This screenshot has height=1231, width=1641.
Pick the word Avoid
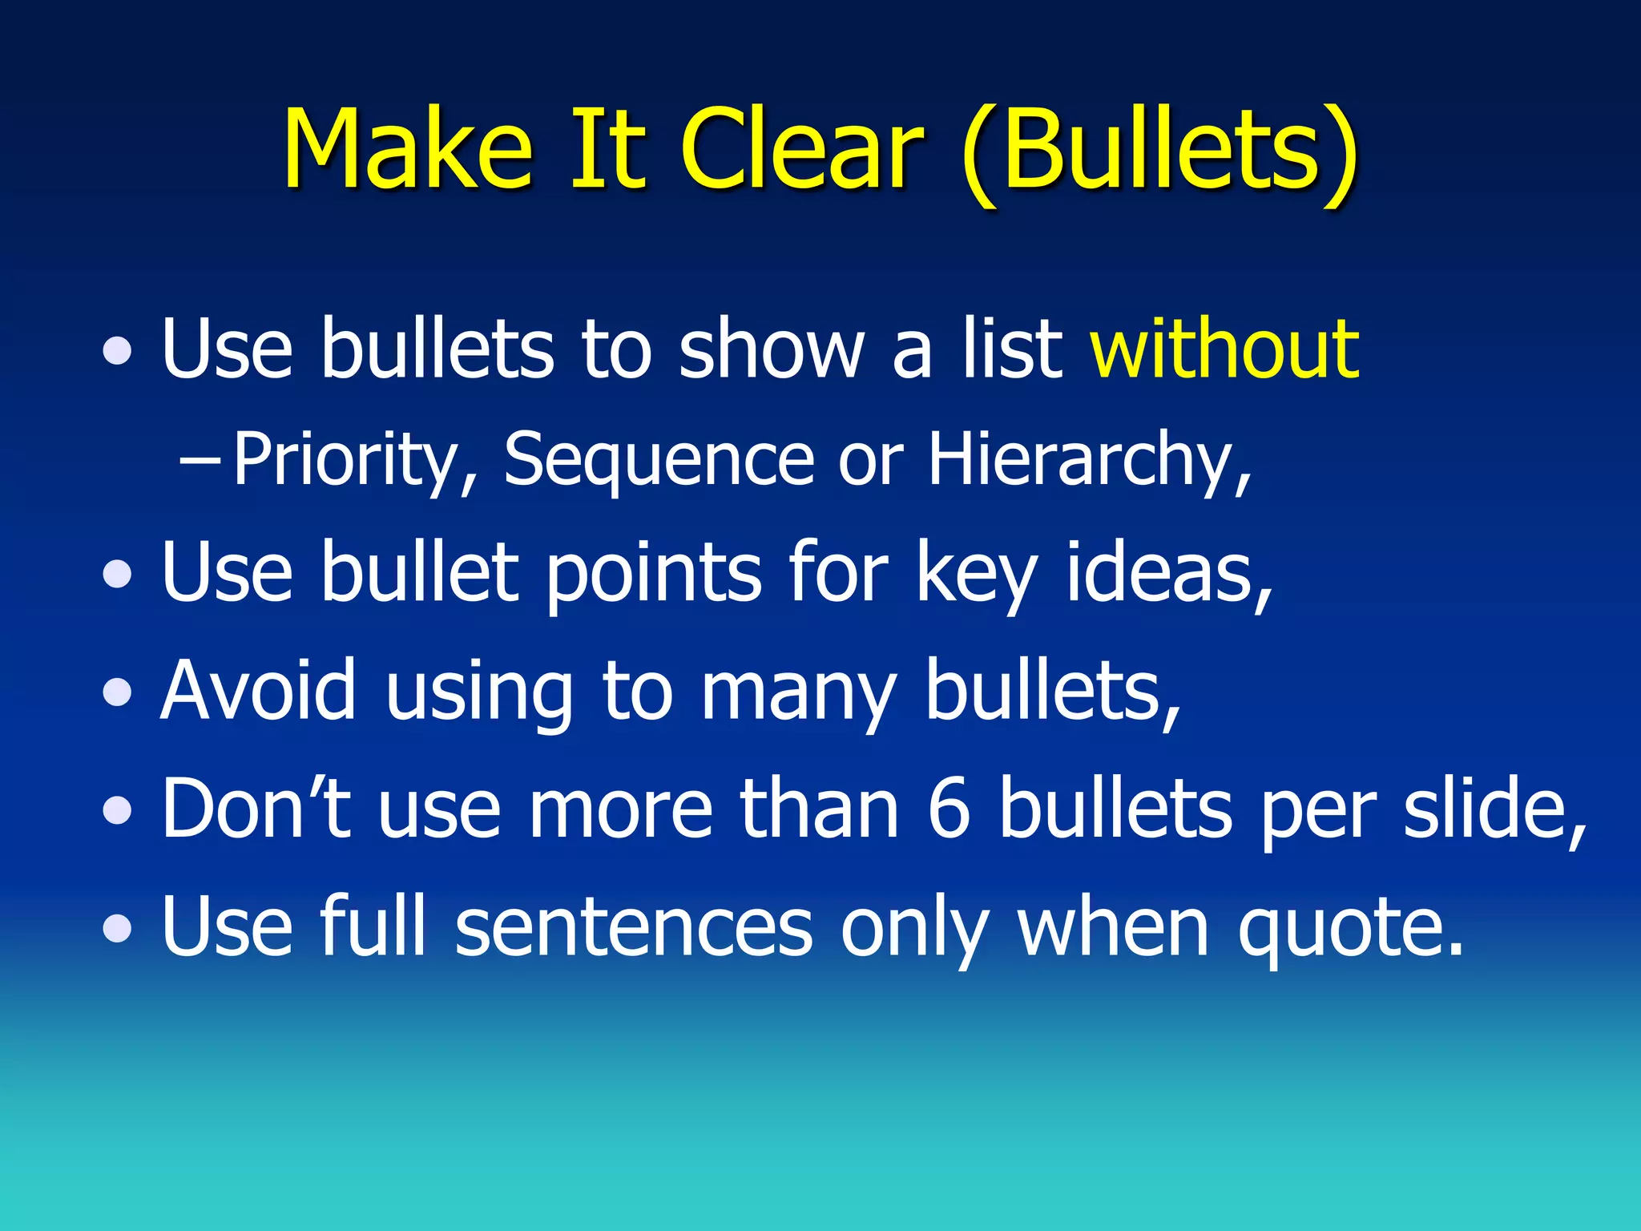[258, 691]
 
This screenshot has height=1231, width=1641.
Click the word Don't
[256, 808]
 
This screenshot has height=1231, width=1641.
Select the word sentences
[634, 927]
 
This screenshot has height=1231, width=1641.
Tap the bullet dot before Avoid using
[118, 693]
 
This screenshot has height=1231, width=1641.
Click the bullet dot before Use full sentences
[118, 929]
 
